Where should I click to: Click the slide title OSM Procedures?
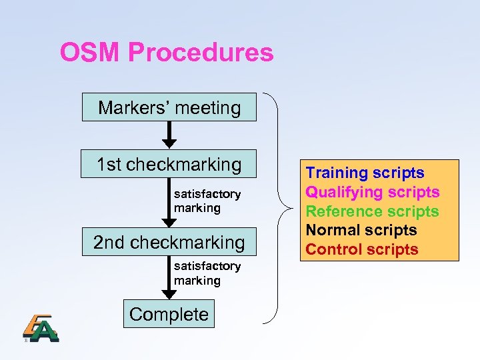point(167,52)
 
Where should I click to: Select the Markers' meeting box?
point(169,107)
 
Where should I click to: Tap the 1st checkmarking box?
point(169,163)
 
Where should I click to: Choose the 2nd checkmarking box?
point(169,242)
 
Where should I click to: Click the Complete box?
point(169,314)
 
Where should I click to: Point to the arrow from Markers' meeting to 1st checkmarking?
point(170,134)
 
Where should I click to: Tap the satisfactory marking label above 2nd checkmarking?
point(207,201)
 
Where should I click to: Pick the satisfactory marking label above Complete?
point(207,273)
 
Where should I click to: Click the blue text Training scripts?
point(365,173)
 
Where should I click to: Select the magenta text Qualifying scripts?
point(372,192)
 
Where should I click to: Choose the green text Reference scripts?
point(372,211)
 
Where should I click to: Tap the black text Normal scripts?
point(361,230)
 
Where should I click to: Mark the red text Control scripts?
point(362,249)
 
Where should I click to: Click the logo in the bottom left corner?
point(41,327)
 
